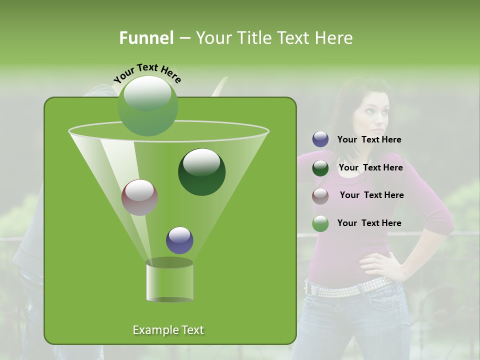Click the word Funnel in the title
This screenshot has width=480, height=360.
[x=146, y=38]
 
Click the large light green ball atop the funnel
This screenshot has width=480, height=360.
[x=148, y=106]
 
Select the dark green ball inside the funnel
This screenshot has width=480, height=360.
[x=202, y=172]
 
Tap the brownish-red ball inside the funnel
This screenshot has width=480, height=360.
[x=140, y=197]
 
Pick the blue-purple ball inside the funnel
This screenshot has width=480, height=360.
[x=180, y=240]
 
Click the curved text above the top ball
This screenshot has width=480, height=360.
[x=147, y=72]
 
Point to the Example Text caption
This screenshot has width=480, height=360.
[x=168, y=330]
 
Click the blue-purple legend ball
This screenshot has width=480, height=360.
[x=320, y=139]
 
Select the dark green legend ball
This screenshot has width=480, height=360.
[x=320, y=168]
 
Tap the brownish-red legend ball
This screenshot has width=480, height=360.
[x=320, y=195]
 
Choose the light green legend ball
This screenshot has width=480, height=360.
[x=320, y=223]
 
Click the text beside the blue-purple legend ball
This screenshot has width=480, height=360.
[x=369, y=139]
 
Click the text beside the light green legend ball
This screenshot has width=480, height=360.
[x=369, y=223]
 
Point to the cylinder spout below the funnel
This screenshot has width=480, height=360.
[x=170, y=281]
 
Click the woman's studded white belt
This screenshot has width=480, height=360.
[x=350, y=287]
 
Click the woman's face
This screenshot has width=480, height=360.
[x=372, y=112]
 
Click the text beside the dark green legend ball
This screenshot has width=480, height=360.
[x=370, y=167]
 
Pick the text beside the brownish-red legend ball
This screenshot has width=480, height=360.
[x=371, y=195]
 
